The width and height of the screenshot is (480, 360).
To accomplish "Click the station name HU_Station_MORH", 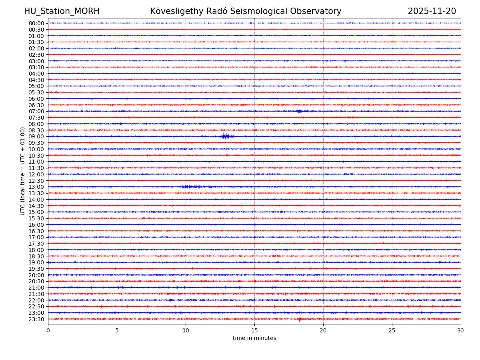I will [62, 11].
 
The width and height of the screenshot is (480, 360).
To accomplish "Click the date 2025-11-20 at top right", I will [432, 11].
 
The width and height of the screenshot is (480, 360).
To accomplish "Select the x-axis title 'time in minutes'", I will [254, 338].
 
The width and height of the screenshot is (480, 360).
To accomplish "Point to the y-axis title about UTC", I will [23, 171].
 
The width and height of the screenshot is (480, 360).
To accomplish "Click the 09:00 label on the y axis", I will [36, 136].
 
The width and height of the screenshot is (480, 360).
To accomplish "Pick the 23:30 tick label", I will [36, 319].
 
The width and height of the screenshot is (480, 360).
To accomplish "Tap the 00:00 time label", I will [36, 23].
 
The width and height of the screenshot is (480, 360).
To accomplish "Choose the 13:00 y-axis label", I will [36, 187].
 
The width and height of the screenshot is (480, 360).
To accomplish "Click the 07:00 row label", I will [36, 111].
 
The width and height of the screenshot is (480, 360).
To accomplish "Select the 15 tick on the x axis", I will [254, 331].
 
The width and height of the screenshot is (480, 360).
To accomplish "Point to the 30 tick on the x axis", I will [460, 331].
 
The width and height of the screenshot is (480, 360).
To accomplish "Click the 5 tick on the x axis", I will [117, 331].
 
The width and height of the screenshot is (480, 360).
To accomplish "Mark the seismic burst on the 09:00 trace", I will [226, 136].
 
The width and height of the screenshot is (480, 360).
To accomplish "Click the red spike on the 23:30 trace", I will [300, 319].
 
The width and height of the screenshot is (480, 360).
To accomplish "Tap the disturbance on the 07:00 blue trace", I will [300, 111].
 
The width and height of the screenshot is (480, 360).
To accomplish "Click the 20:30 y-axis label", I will [36, 281].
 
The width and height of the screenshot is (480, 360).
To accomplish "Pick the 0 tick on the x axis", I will [48, 331].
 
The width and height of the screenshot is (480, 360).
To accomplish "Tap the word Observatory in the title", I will [320, 11].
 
